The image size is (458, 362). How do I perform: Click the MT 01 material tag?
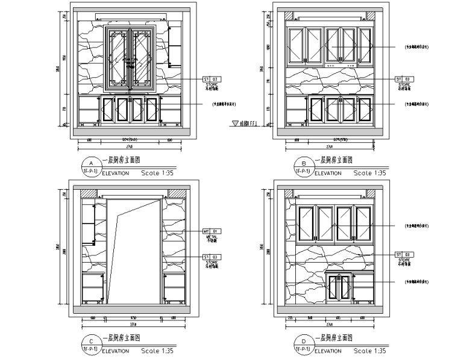coord(211,231)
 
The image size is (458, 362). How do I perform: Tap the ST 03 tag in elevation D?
coord(402,255)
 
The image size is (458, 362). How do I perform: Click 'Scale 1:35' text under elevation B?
coord(370,173)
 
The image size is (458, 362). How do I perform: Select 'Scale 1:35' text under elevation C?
coord(157,351)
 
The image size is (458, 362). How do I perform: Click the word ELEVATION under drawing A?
coord(116,173)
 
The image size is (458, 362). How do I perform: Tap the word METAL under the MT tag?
coord(211,237)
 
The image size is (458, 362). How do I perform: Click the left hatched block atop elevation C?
coord(89,193)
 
